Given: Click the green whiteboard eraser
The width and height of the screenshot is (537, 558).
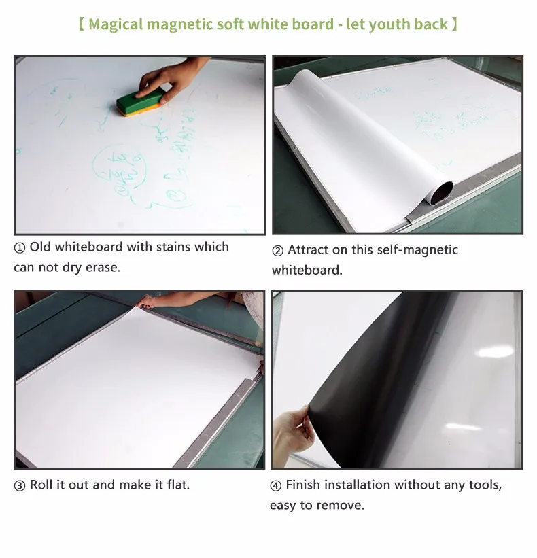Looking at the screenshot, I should [139, 103].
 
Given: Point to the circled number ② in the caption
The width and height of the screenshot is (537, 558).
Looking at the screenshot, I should [277, 251].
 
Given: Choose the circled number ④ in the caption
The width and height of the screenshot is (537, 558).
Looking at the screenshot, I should [276, 485].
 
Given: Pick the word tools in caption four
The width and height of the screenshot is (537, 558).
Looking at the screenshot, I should [483, 485].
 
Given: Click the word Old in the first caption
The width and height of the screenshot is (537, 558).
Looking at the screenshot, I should [39, 247].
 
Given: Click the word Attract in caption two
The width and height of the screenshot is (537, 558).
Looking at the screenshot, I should [309, 250].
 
